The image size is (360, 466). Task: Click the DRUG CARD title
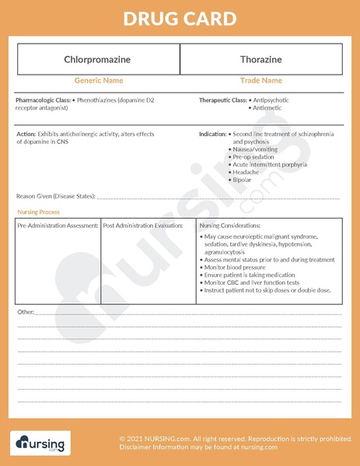point(180,18)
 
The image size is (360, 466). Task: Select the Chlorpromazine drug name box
point(98,59)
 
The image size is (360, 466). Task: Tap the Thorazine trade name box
point(260,59)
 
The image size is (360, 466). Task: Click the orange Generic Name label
point(98,80)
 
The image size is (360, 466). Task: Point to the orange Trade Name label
point(260,80)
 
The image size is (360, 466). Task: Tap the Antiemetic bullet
point(267,108)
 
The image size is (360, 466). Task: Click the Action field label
point(26,135)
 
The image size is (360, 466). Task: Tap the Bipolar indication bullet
point(243,180)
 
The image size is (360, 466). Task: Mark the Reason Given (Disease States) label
point(55,196)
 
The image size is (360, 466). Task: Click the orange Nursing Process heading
point(38,212)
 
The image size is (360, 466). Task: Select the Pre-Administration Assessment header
point(58,226)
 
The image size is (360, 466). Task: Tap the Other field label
point(26,312)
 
